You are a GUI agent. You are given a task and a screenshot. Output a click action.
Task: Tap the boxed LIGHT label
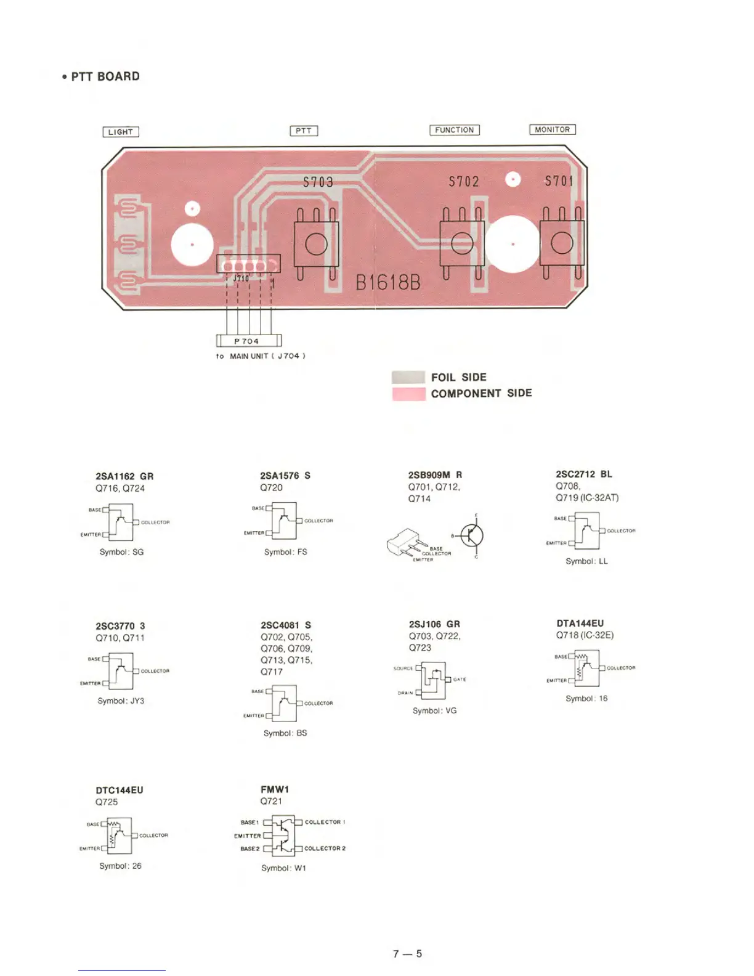[121, 132]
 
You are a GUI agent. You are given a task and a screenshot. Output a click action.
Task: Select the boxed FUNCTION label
[455, 130]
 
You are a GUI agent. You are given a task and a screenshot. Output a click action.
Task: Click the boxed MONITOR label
[553, 129]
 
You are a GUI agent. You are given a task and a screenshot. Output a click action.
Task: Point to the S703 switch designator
[318, 182]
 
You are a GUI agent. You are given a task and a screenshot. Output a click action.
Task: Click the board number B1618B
[388, 283]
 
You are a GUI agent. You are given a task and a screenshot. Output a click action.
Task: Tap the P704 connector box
[248, 341]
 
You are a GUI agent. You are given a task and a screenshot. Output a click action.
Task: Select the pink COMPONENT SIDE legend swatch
[408, 394]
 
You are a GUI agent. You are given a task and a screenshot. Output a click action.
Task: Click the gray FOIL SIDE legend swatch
[408, 377]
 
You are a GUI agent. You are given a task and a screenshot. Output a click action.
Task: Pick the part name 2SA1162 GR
[124, 476]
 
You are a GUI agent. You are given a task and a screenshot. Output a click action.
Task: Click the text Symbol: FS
[285, 552]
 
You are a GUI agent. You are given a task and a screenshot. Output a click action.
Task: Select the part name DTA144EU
[580, 624]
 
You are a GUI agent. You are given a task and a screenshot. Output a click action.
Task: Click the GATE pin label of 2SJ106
[460, 680]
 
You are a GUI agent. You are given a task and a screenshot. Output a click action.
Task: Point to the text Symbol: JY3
[121, 701]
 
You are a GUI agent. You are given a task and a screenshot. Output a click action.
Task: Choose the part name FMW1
[275, 789]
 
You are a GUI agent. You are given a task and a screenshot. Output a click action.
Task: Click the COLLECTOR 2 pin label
[325, 848]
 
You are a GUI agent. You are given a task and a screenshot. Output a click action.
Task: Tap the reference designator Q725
[107, 802]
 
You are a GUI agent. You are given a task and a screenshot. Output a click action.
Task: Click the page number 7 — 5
[407, 954]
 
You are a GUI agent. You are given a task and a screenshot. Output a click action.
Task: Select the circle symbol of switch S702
[462, 244]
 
